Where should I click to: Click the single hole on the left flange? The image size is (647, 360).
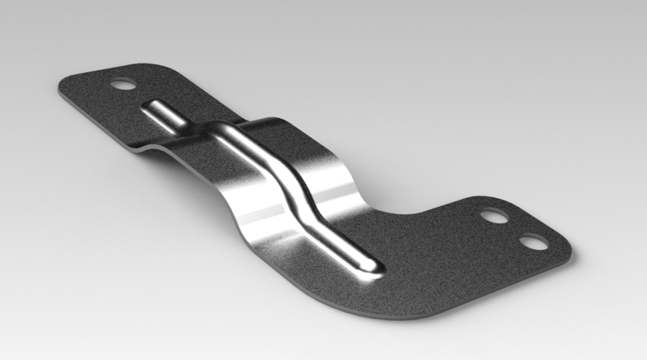122,85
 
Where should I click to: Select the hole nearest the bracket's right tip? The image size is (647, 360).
534,241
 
